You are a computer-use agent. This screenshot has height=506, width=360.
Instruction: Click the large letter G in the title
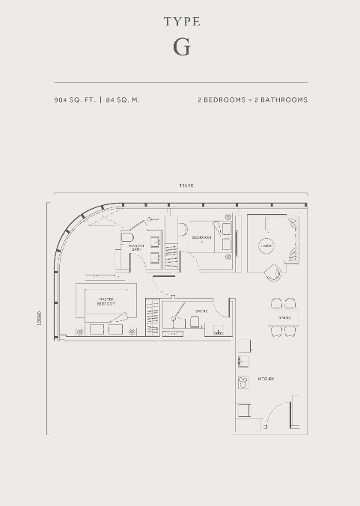(181, 47)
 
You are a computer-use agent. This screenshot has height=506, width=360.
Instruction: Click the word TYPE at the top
(182, 22)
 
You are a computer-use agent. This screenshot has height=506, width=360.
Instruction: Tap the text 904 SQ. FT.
(75, 100)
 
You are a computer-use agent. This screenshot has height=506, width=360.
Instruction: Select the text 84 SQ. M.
(123, 100)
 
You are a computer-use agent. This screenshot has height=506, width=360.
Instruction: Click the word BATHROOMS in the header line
(280, 100)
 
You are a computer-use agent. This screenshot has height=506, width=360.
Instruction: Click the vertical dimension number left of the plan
(39, 318)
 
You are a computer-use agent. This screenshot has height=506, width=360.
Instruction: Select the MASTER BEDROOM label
(105, 302)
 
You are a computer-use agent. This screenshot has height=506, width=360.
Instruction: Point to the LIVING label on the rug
(265, 245)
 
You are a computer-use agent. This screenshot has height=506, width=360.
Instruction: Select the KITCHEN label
(265, 379)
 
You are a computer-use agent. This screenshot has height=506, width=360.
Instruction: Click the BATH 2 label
(201, 310)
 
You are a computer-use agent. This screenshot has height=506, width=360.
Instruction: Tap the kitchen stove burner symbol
(242, 383)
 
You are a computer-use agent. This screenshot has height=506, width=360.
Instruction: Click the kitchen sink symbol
(242, 361)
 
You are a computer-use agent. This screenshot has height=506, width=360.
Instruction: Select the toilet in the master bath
(126, 237)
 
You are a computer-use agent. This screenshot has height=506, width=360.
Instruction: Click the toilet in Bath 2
(194, 323)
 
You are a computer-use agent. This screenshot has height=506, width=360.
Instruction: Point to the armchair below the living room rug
(272, 272)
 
